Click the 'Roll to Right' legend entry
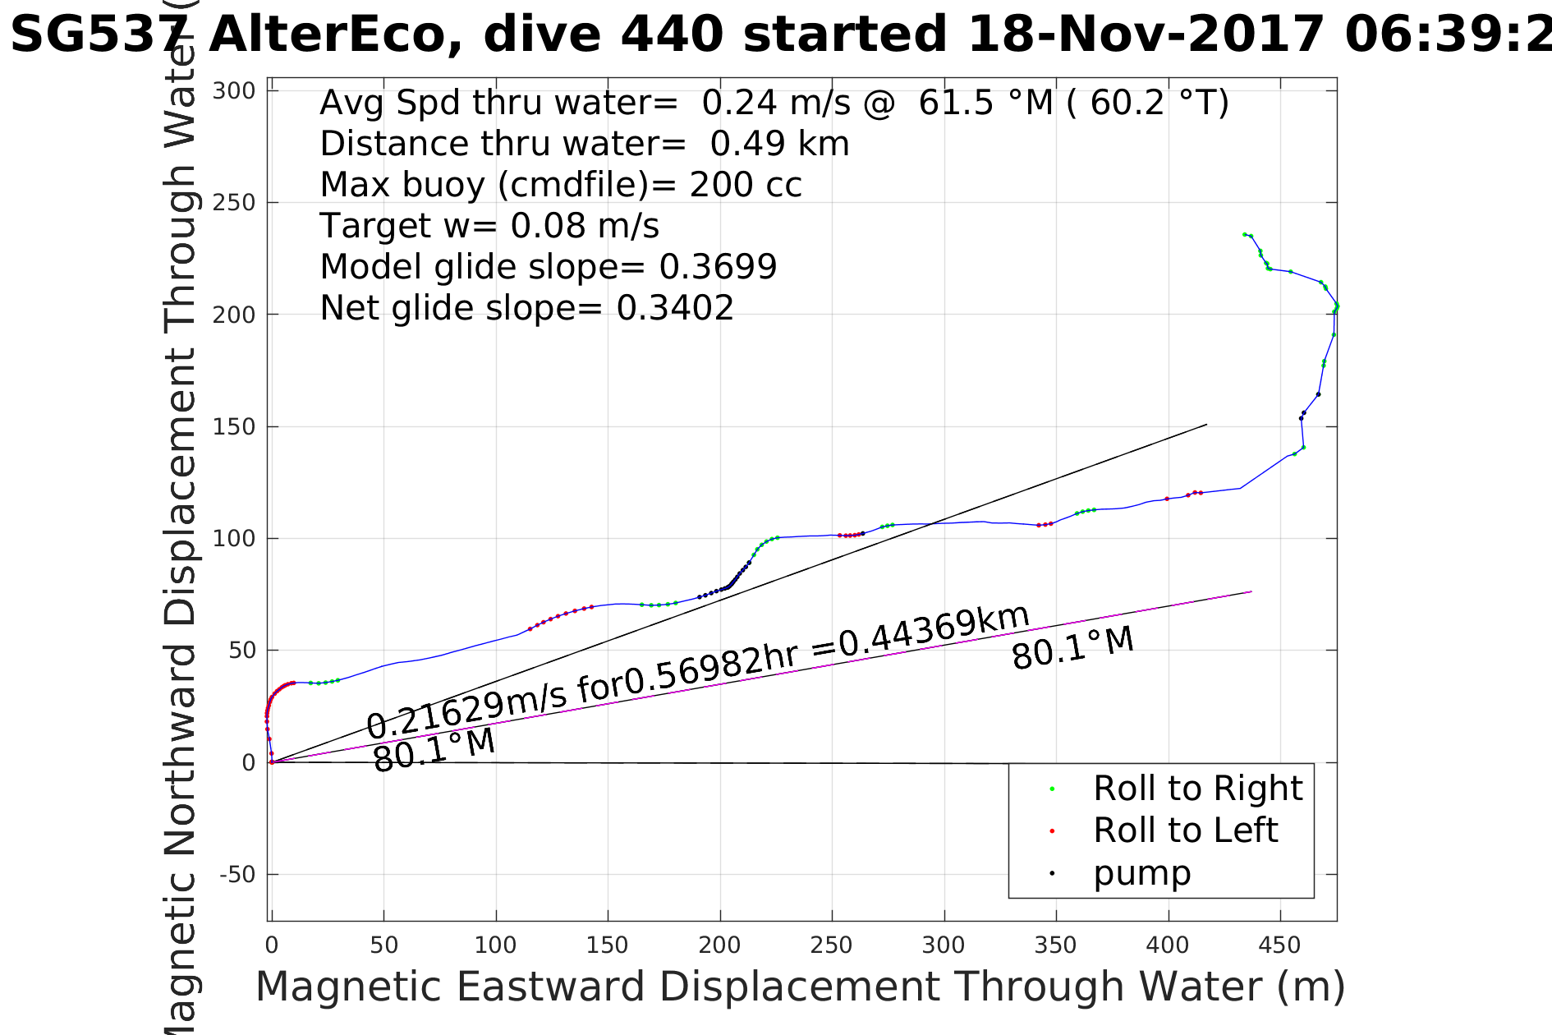coord(1196,789)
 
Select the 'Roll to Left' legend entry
coord(1185,830)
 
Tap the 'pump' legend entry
coord(1141,873)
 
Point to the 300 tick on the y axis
coord(234,91)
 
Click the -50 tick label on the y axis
coord(237,875)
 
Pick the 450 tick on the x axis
coord(1279,945)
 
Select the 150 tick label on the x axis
coord(608,945)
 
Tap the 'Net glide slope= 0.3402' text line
coord(526,308)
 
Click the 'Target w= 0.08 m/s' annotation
coord(489,226)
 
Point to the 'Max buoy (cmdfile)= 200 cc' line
coord(561,185)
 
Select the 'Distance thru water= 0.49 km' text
coord(584,144)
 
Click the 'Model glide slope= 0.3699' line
coord(548,267)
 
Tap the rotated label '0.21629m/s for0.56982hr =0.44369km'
coord(697,671)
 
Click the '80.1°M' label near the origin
coord(434,750)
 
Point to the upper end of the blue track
coord(1245,234)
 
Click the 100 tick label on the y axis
coord(234,539)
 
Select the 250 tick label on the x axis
coord(832,945)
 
